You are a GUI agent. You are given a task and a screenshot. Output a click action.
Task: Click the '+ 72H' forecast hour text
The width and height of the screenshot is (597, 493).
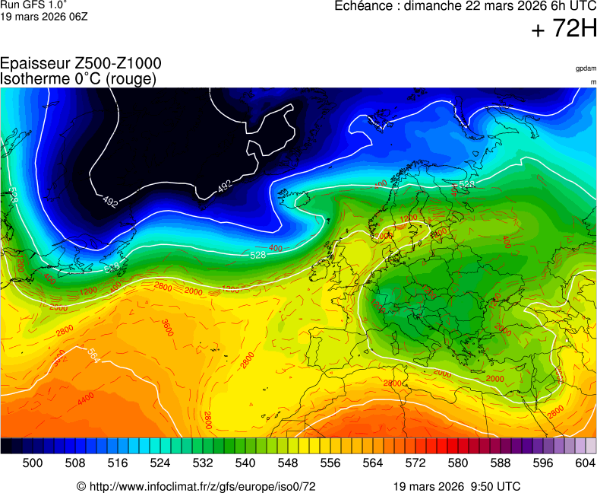coord(564,30)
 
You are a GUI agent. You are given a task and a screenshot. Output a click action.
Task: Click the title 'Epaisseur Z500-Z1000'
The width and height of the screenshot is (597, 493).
coord(81,64)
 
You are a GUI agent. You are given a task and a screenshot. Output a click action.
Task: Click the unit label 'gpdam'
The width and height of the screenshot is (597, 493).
coord(586,68)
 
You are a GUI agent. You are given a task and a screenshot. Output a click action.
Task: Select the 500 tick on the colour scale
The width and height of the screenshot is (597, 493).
coord(33,463)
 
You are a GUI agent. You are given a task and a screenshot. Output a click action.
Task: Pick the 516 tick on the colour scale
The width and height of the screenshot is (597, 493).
coord(118,463)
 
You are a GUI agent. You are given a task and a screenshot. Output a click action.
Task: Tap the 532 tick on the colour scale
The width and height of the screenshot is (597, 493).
coord(203,463)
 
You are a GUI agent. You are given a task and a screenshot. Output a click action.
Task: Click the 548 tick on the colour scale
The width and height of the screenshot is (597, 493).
coord(288,463)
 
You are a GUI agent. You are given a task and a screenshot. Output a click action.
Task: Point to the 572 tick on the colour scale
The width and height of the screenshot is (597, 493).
coord(415,463)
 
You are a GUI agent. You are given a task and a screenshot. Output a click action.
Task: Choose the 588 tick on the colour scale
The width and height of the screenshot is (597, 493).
coord(501,463)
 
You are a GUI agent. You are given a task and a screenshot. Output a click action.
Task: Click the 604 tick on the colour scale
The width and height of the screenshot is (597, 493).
coord(585,463)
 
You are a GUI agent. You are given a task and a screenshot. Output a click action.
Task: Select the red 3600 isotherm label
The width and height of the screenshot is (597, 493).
coord(167,328)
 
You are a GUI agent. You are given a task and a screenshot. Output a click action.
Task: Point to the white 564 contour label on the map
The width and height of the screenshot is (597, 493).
coord(93,355)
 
